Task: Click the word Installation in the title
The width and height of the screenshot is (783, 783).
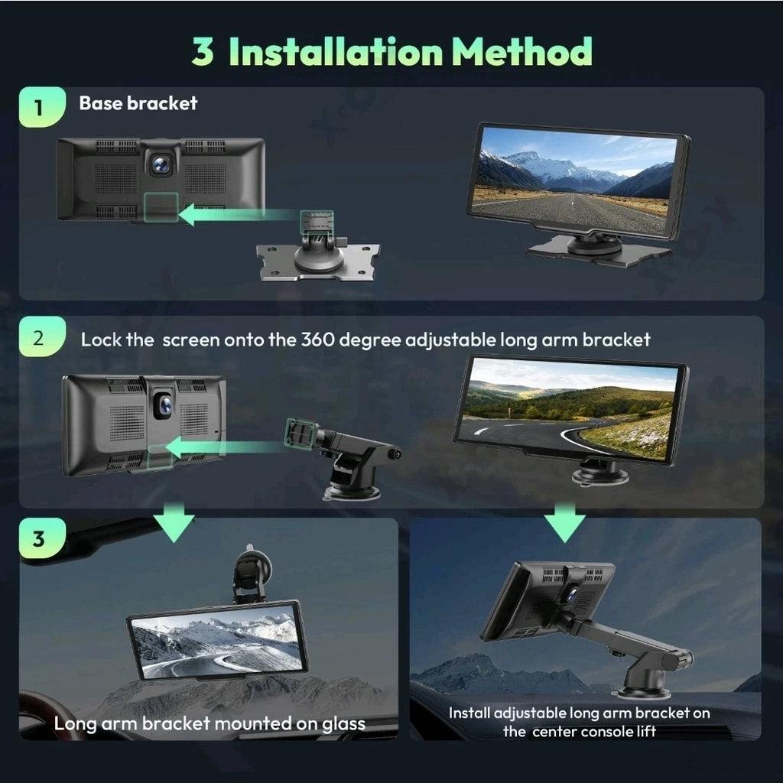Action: point(336,51)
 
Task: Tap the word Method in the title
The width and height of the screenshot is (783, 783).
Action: point(521,51)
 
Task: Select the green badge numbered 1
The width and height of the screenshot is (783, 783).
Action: point(42,107)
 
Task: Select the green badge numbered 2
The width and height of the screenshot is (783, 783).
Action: point(42,336)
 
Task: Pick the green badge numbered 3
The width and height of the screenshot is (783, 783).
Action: point(42,538)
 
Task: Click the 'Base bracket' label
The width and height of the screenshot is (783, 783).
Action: point(138,103)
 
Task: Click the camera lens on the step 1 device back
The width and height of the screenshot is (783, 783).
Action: point(161,164)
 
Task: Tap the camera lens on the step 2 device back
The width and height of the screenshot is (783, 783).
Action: point(164,405)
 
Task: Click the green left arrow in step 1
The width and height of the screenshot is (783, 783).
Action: point(239,215)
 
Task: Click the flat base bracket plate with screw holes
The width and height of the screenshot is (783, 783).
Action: point(317,262)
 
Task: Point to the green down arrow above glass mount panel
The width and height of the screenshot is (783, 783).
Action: point(174,522)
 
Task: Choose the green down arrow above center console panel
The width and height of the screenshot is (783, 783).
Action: point(565,522)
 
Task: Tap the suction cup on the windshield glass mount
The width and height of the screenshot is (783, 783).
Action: point(252,558)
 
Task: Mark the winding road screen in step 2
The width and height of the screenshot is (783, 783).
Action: point(566,408)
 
